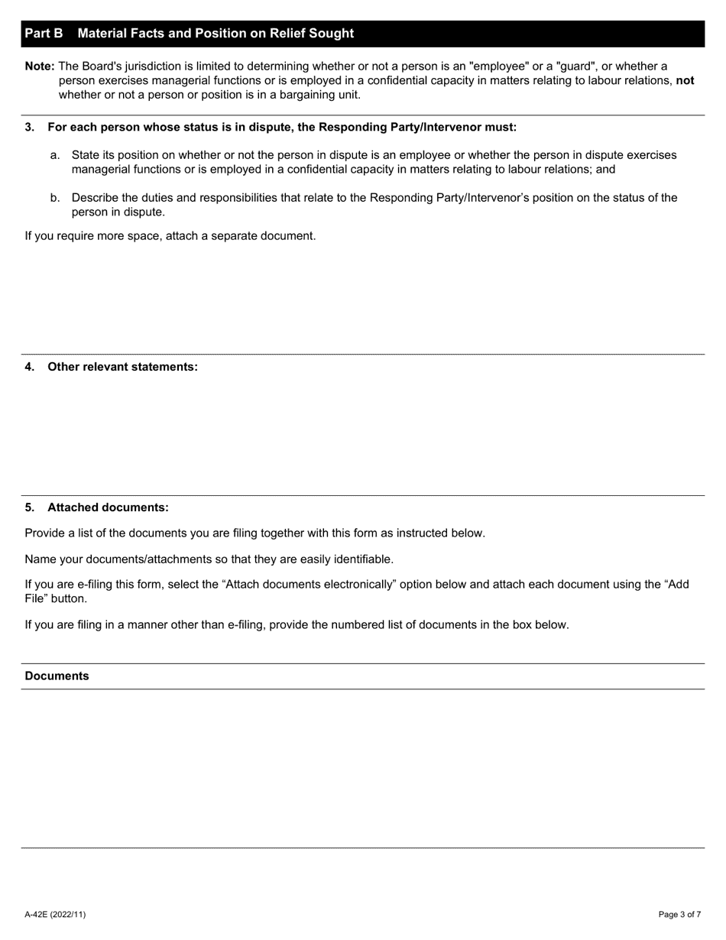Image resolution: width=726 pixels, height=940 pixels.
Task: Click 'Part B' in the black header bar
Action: point(44,34)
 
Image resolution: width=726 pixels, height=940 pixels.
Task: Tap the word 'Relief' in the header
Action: point(288,34)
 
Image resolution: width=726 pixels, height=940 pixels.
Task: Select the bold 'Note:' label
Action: point(40,66)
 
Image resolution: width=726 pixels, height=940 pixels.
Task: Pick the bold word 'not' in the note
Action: point(685,80)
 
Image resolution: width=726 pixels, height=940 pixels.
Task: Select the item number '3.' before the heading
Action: point(30,127)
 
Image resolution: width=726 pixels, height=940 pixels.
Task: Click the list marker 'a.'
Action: point(55,155)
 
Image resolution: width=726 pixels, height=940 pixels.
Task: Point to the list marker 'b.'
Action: point(55,198)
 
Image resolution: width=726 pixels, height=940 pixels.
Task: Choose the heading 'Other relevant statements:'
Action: point(122,367)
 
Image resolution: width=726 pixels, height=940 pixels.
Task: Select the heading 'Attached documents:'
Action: point(108,507)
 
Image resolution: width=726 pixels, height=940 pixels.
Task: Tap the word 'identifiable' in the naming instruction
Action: point(361,559)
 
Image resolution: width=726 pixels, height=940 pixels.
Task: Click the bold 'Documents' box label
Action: point(57,676)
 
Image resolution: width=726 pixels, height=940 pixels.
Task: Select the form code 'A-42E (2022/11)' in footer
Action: point(55,914)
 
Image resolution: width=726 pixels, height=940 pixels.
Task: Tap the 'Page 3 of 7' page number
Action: point(679,914)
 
